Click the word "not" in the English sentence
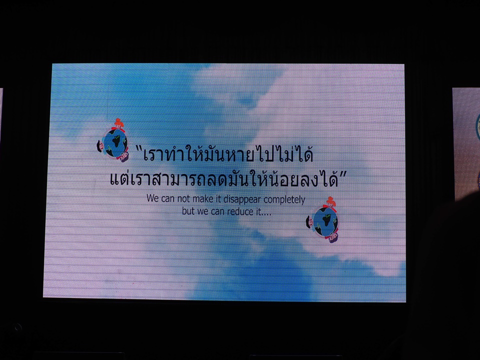coord(183,199)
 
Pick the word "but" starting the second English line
coord(188,211)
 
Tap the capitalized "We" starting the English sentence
coord(152,198)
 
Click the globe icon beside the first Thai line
coord(112,141)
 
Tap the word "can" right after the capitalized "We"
coord(167,199)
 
